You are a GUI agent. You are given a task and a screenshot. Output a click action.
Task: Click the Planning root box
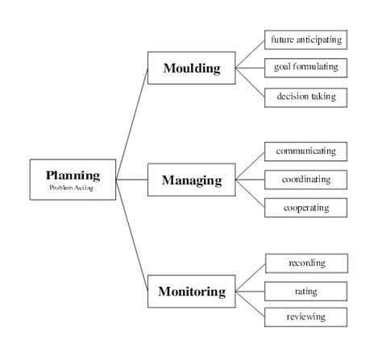tap(73, 179)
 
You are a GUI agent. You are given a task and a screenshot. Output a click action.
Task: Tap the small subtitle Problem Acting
tap(73, 188)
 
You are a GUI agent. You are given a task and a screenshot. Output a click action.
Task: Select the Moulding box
tap(191, 68)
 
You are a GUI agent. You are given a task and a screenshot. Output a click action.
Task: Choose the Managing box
tap(191, 180)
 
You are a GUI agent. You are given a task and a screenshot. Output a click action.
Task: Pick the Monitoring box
tap(191, 292)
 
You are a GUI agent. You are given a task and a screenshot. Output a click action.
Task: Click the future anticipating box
tap(306, 39)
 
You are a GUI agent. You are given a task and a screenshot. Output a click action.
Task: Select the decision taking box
tap(306, 97)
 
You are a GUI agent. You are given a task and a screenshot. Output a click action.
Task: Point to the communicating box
tap(306, 151)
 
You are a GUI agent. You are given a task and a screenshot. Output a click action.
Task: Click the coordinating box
tap(306, 179)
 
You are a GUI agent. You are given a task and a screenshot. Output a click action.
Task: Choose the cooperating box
tap(306, 207)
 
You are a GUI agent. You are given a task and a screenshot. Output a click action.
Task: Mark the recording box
tap(306, 263)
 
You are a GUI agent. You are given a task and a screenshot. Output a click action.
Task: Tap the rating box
tap(306, 290)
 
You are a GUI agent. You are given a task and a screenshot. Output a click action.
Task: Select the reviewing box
tap(306, 317)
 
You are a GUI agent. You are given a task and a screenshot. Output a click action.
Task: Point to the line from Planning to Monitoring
tap(132, 234)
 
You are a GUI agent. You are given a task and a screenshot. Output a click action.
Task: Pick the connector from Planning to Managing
tap(132, 179)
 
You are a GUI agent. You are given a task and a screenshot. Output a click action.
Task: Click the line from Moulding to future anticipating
tap(250, 53)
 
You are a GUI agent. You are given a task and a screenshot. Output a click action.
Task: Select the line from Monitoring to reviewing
tap(250, 304)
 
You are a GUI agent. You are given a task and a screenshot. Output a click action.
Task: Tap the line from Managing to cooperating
tap(250, 193)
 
